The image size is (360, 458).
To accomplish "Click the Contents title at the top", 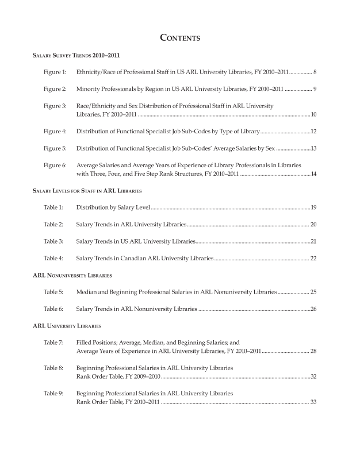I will point(179,39).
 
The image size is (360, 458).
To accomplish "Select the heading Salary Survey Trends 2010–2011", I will point(76,56).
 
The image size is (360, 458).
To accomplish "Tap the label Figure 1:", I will point(55,73).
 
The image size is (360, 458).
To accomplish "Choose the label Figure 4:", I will point(55,132).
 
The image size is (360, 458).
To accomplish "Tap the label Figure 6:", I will point(55,166).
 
